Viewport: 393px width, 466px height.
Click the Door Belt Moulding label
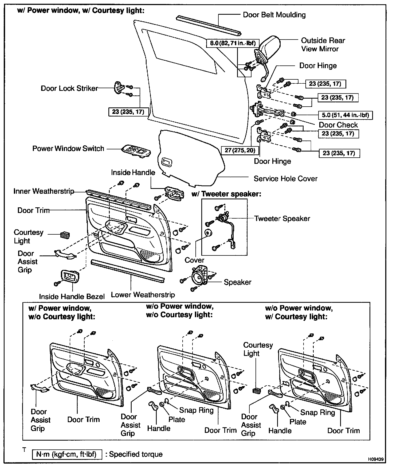point(274,15)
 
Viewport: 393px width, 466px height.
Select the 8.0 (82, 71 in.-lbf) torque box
point(231,43)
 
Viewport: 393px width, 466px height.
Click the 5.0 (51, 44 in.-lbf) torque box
point(345,115)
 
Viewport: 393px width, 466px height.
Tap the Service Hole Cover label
point(285,178)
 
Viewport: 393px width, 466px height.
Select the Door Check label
point(338,125)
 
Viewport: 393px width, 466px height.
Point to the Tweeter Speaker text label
point(282,219)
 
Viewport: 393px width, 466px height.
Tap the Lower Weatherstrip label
point(143,295)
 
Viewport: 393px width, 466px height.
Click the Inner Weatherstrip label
point(44,191)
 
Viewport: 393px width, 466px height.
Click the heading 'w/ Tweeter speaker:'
point(226,194)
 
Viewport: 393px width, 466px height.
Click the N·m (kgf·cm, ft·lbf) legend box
point(67,454)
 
